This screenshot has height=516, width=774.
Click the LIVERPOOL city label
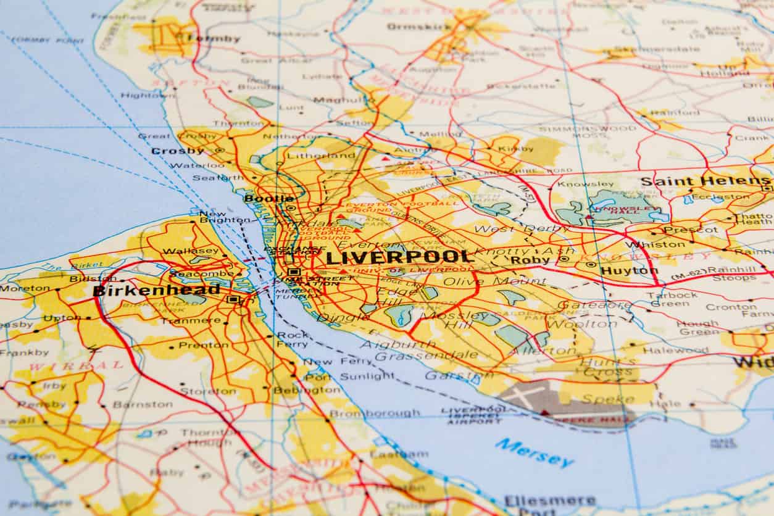[x=399, y=257]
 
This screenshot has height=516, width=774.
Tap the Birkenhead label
[x=156, y=290]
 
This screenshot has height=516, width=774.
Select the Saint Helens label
[x=705, y=181]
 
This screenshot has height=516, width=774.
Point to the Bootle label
[x=269, y=198]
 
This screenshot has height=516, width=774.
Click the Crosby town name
[x=178, y=151]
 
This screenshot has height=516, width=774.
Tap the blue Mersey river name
[x=535, y=452]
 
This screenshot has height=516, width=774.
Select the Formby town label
[x=213, y=38]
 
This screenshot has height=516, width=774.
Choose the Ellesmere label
[x=550, y=500]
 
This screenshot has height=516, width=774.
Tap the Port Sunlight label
[x=349, y=376]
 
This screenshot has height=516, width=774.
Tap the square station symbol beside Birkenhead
[x=233, y=299]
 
